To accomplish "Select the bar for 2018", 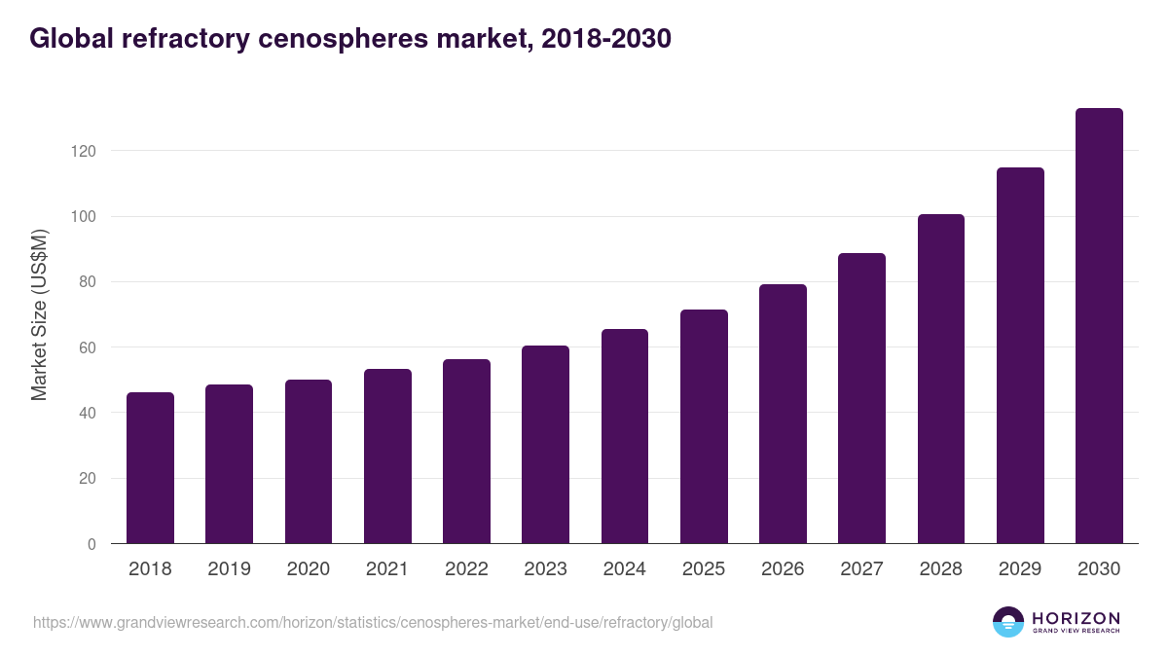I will (x=150, y=468).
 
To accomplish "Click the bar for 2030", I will (x=1099, y=326).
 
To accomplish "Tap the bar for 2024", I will (x=624, y=436).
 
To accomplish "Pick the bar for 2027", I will (x=861, y=398).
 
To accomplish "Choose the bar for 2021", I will (x=387, y=456).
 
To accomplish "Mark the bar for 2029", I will (x=1020, y=355).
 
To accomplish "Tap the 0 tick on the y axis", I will (x=91, y=544).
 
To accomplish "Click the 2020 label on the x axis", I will (x=308, y=569).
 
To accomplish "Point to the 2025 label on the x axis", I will (x=704, y=569).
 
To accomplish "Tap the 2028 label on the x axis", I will (x=941, y=569).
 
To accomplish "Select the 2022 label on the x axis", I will (x=466, y=569).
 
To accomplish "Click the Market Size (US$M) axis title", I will (x=39, y=314).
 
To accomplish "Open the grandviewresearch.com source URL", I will (x=373, y=622).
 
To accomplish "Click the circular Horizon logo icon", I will (x=1007, y=622).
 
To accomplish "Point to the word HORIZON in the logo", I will (x=1076, y=618).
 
